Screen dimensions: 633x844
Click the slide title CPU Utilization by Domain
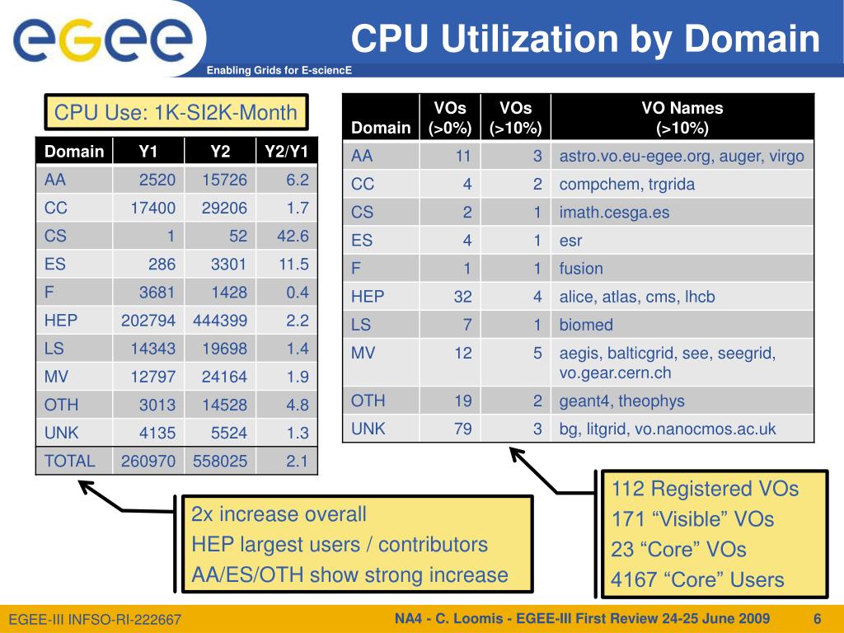586,38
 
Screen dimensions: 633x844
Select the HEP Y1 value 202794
148,321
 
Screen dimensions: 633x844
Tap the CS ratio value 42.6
293,236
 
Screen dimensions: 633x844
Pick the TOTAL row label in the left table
69,462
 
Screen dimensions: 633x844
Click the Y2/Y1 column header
287,152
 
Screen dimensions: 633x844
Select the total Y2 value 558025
220,462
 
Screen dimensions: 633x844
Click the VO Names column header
682,117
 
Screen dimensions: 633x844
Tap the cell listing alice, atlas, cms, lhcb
637,297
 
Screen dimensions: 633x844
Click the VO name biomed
586,325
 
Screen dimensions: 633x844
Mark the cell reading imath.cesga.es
614,213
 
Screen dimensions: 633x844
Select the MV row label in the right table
363,353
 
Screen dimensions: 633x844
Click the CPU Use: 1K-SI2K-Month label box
176,112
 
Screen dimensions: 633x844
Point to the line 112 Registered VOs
705,489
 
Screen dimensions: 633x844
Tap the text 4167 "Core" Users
697,580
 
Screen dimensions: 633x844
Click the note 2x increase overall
279,515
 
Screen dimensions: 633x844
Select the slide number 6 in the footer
818,619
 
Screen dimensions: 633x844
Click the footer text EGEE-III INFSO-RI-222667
95,620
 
